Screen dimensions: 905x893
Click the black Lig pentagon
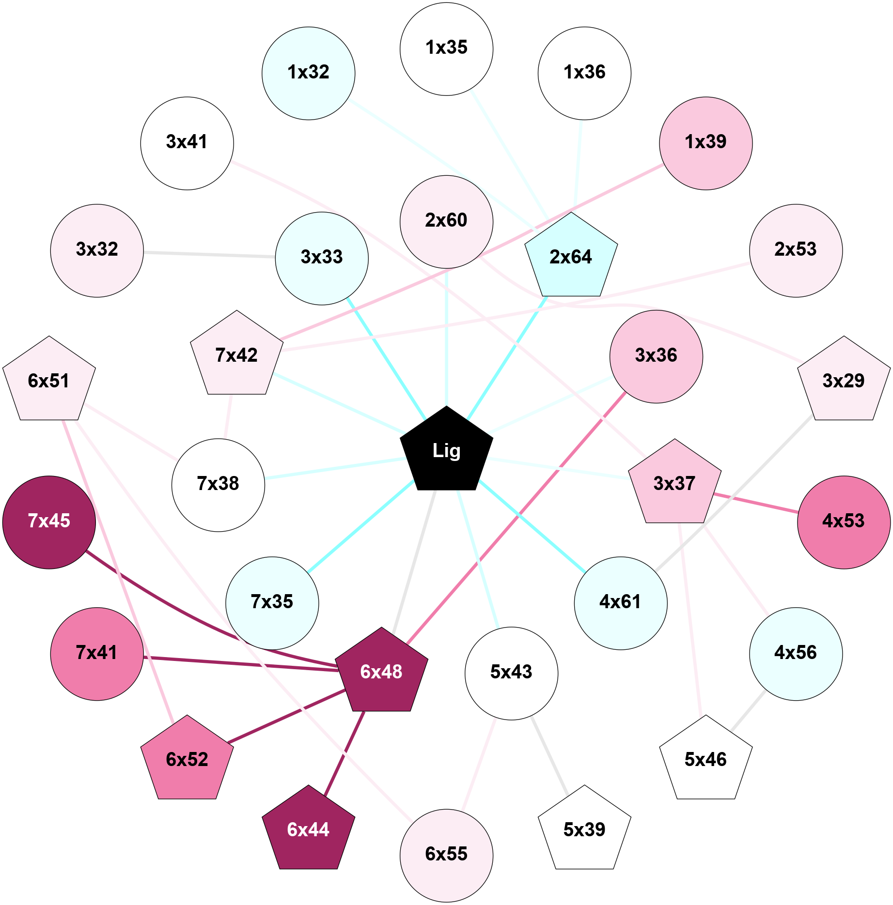pos(446,450)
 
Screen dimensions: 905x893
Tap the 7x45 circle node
pos(49,522)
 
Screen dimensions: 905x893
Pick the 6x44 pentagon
pos(308,830)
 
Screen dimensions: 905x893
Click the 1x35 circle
pos(446,48)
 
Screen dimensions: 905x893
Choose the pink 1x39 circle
pos(705,143)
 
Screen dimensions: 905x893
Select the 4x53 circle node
pos(844,522)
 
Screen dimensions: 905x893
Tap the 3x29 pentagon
pos(844,381)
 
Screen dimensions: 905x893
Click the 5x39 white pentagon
pos(584,830)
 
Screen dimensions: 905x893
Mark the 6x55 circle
pos(446,855)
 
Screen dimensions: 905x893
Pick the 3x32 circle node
pos(97,250)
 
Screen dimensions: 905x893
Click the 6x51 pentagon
pos(49,381)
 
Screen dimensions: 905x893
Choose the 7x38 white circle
pos(218,485)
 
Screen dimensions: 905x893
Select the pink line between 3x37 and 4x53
pos(756,503)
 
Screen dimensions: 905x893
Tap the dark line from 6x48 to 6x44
pos(345,753)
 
